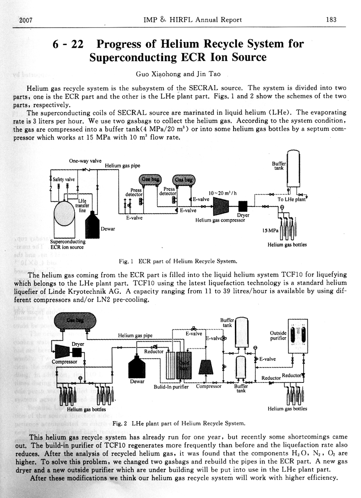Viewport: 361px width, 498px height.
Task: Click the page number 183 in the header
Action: (x=331, y=20)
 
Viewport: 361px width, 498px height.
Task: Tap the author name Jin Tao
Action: (x=208, y=74)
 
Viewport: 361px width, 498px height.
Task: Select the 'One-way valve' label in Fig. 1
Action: (x=85, y=161)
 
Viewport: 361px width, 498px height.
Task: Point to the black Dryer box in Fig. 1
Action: (x=243, y=207)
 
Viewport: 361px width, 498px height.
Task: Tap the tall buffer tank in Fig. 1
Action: (x=293, y=168)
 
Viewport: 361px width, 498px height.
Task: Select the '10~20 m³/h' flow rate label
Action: (x=222, y=193)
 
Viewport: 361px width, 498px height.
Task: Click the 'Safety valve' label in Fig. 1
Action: (x=64, y=180)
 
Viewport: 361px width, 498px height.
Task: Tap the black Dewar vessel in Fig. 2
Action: (x=137, y=366)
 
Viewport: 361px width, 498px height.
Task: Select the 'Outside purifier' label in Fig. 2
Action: (x=278, y=336)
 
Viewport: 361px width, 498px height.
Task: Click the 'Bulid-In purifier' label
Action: (x=171, y=387)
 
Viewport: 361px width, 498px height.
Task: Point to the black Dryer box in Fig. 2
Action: (x=77, y=352)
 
